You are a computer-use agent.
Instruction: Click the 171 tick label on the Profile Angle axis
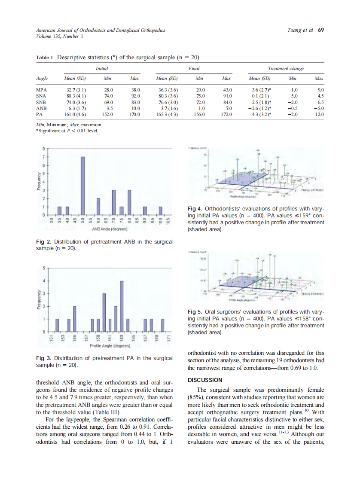[169, 339]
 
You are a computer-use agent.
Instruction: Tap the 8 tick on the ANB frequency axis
[43, 149]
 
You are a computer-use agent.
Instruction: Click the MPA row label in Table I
[41, 90]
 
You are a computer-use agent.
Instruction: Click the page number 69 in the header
[321, 31]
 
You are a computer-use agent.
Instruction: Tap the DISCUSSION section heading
[205, 380]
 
